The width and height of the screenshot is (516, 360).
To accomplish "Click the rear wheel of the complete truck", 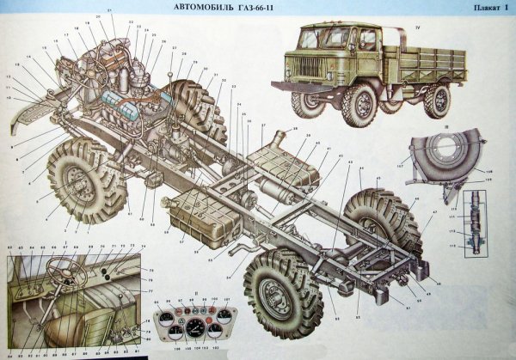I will click(437, 100).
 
